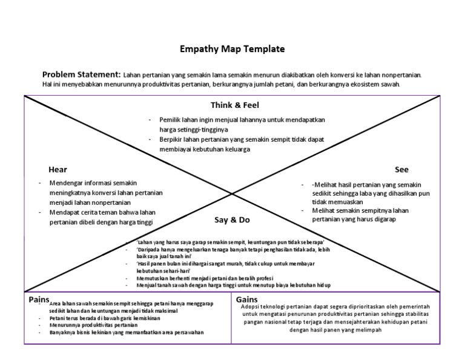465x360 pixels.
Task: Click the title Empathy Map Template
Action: [x=232, y=49]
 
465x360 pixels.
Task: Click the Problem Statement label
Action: [x=81, y=74]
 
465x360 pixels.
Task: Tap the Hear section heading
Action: [x=58, y=170]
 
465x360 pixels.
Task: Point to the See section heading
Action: [x=401, y=170]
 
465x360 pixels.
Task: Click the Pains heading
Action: [x=39, y=299]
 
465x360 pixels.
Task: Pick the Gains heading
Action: [x=247, y=299]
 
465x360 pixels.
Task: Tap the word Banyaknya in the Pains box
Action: [x=64, y=332]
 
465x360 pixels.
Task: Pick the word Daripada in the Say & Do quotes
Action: [x=150, y=250]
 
